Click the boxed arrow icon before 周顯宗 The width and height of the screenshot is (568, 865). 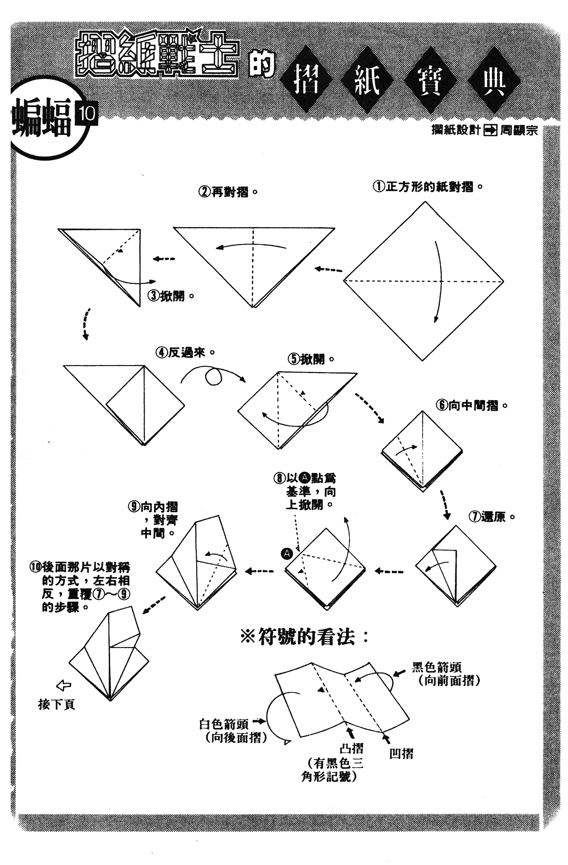tap(490, 130)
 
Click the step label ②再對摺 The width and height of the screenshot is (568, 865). tap(228, 192)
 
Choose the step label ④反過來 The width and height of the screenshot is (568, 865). tap(186, 352)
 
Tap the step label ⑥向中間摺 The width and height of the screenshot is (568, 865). tap(472, 405)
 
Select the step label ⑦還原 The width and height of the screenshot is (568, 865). tap(492, 517)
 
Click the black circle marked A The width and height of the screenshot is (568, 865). tap(287, 554)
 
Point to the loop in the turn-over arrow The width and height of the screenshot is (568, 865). tap(213, 377)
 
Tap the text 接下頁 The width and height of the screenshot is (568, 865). tap(56, 705)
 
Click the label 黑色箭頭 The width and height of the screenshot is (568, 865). tap(437, 667)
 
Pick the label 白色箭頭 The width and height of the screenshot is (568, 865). tap(224, 724)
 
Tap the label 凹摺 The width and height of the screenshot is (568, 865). tap(402, 754)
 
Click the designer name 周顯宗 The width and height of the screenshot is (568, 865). tap(519, 130)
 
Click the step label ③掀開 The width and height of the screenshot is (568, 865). tap(171, 296)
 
